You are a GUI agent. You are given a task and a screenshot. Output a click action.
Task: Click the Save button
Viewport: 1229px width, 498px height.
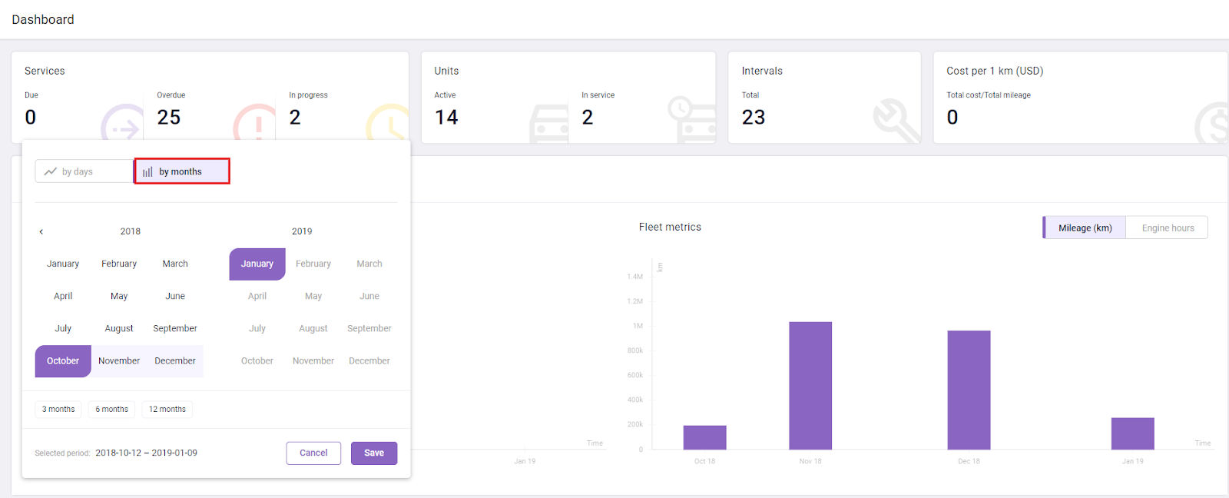[374, 453]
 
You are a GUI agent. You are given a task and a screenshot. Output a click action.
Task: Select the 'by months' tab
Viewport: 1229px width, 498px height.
[182, 171]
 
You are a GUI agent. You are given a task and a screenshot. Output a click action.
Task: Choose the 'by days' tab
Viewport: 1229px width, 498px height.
[84, 171]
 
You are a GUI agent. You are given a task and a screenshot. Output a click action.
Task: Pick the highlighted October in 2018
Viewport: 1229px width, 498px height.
[63, 360]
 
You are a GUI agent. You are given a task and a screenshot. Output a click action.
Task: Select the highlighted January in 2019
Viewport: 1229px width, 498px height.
[257, 264]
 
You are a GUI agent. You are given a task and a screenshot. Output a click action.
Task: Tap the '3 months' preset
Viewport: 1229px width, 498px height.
[58, 409]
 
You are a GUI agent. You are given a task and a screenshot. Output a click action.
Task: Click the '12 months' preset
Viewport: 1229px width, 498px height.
[167, 409]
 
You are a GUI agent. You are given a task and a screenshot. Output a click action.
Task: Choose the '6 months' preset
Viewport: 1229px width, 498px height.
[111, 409]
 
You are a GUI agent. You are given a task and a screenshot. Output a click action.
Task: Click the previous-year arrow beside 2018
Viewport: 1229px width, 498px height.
[41, 231]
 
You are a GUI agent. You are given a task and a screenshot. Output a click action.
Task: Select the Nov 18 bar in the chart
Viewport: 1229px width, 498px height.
[810, 385]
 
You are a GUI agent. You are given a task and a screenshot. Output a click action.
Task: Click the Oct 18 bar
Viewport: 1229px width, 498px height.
[704, 437]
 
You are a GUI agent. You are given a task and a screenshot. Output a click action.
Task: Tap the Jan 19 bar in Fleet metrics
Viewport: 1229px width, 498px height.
[1132, 433]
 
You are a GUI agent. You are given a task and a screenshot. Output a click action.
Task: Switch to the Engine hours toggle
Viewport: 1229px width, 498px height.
[1168, 227]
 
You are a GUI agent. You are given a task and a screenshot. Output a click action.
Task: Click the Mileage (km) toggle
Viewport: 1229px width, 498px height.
[1085, 227]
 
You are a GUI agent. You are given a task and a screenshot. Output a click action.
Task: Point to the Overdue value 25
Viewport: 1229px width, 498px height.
[169, 117]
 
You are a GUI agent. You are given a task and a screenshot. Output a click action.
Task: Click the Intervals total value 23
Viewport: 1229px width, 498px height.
[754, 117]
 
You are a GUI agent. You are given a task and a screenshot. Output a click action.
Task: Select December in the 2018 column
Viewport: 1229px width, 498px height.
[175, 360]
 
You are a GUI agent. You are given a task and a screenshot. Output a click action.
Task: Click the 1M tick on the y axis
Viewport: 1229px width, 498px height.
[638, 326]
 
